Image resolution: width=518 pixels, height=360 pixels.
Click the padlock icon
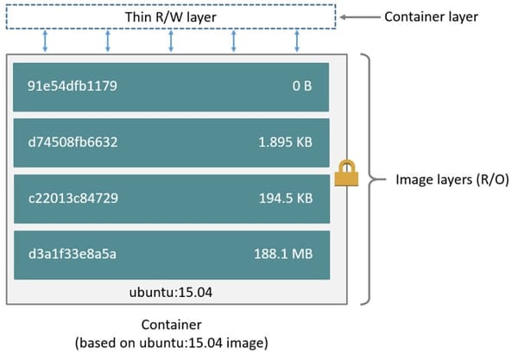tap(345, 174)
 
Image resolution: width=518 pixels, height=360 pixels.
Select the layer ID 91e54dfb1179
tap(73, 86)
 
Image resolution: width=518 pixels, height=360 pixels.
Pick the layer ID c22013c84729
tap(73, 199)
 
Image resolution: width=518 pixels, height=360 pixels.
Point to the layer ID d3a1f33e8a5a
tap(72, 255)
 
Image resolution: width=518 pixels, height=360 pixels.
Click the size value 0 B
tap(301, 86)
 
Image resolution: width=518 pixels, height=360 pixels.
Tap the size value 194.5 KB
tap(283, 199)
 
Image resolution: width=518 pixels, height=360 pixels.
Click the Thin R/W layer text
tap(171, 17)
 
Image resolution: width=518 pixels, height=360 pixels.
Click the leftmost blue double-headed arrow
tap(45, 40)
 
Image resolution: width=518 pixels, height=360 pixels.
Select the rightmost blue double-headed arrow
tap(297, 40)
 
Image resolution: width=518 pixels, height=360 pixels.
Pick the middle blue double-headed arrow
tap(171, 40)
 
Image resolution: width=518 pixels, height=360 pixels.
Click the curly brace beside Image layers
tap(370, 180)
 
